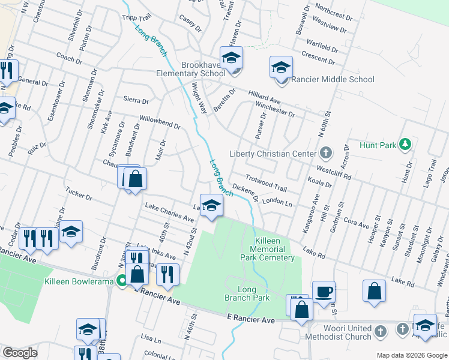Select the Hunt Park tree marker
pyautogui.click(x=405, y=144)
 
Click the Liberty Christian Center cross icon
pyautogui.click(x=325, y=152)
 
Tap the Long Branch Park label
pyautogui.click(x=247, y=293)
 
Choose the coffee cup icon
pyautogui.click(x=324, y=292)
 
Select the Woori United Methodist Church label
pyautogui.click(x=330, y=333)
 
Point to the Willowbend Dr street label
pyautogui.click(x=160, y=122)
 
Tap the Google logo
pyautogui.click(x=20, y=353)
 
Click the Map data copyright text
pyautogui.click(x=412, y=355)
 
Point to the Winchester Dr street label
pyautogui.click(x=275, y=109)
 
